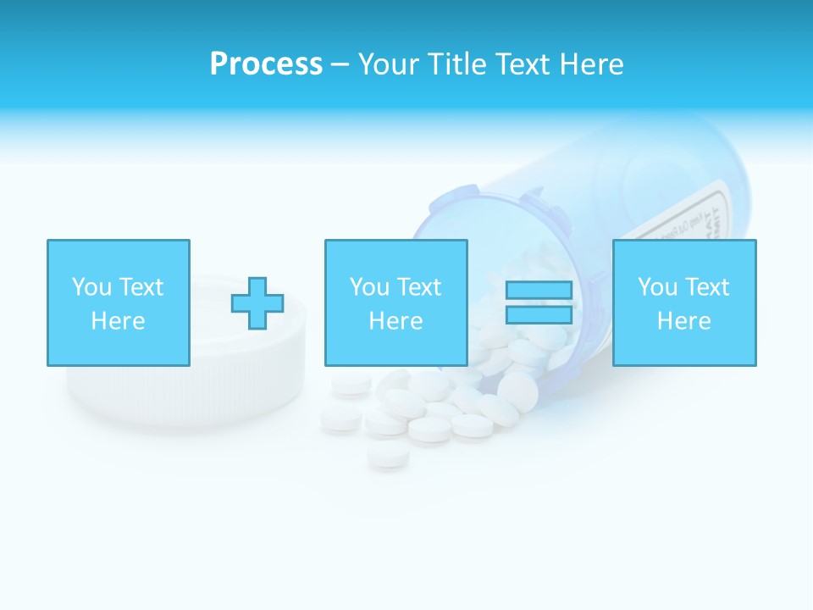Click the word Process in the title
coord(266,64)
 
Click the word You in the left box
coord(91,287)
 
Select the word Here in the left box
coord(118,321)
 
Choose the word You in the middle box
coord(369,287)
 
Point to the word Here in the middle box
coord(395,321)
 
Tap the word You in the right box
coord(657,287)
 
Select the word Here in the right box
coord(683,321)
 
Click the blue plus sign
coord(257,303)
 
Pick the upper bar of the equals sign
coord(539,291)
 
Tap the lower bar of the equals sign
coord(539,315)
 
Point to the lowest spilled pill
coord(388,457)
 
